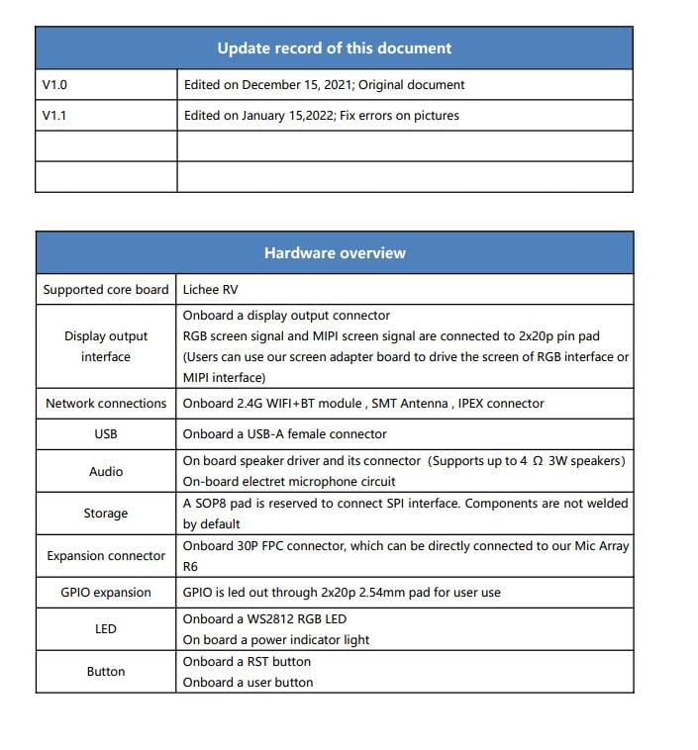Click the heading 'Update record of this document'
[334, 48]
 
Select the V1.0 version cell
[54, 85]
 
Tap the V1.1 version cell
[54, 116]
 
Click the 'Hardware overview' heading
[335, 253]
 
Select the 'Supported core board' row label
[106, 290]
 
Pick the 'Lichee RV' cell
[210, 290]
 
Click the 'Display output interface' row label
[106, 346]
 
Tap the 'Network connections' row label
[106, 404]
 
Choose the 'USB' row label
[106, 434]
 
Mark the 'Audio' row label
[106, 472]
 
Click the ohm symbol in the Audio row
[537, 461]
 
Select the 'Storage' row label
[106, 514]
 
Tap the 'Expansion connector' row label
[106, 556]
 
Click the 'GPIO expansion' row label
[106, 593]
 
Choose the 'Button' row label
[106, 672]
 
